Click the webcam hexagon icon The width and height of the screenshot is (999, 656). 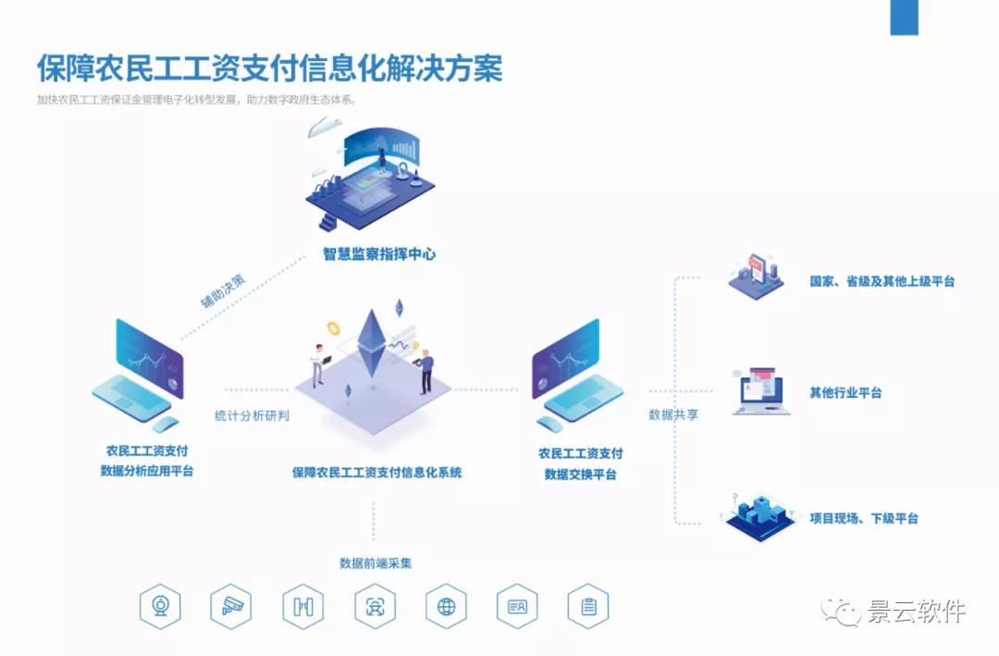tap(160, 606)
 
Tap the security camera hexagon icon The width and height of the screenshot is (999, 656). tap(231, 606)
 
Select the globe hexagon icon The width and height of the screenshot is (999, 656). tap(446, 606)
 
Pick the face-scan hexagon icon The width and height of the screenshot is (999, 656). tap(375, 606)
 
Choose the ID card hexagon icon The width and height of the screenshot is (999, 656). tap(517, 606)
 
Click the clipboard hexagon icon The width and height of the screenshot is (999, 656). tap(588, 606)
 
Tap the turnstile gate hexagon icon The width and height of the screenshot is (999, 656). tap(303, 606)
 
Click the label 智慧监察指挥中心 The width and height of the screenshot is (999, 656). tap(379, 254)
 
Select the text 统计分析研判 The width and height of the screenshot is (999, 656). tap(252, 415)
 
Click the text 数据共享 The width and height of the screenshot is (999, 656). tap(673, 415)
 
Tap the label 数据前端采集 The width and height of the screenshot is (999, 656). tap(375, 563)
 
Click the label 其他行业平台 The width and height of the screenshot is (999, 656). tap(845, 392)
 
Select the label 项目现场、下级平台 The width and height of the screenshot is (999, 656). tap(864, 518)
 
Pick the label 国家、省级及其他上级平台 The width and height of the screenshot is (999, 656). tap(882, 281)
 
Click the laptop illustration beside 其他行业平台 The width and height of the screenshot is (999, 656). tap(761, 390)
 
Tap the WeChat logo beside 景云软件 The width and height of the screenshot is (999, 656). tap(844, 611)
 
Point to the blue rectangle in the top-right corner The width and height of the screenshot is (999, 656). tap(904, 18)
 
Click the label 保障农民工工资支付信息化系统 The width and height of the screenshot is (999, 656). tap(376, 473)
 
